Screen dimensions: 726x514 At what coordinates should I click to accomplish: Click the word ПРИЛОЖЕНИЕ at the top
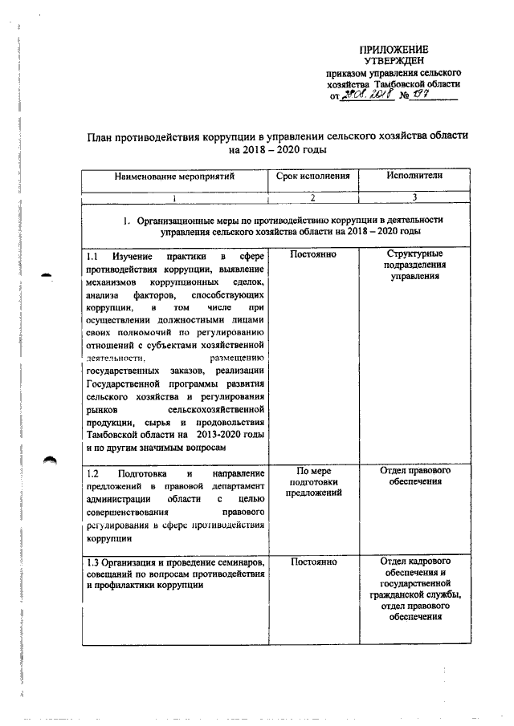[394, 50]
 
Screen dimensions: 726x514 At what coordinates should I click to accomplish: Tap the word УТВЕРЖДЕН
[394, 60]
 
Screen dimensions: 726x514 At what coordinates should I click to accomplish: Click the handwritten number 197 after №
[424, 95]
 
